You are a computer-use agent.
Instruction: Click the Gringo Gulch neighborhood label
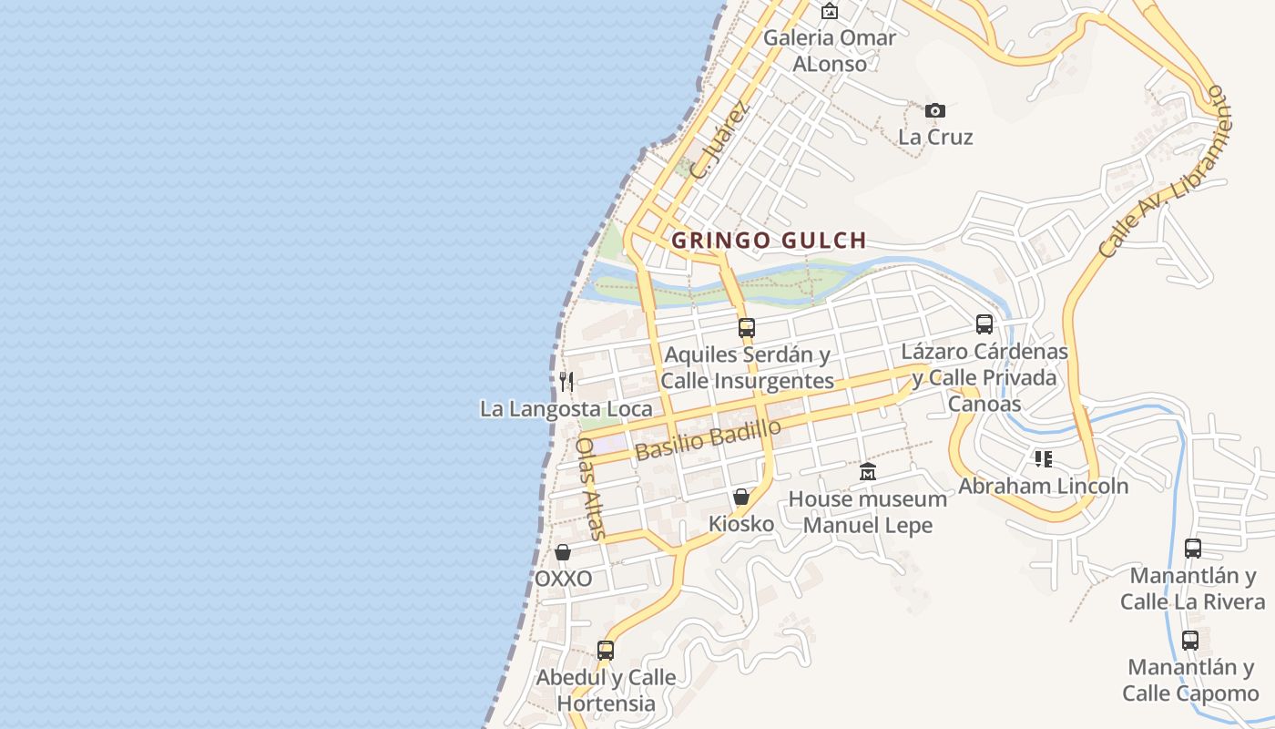(769, 241)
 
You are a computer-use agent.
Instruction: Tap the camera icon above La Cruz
(934, 111)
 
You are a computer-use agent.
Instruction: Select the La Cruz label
(935, 138)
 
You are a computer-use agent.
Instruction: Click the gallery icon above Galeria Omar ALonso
(829, 12)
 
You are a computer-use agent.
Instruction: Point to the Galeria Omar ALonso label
(829, 51)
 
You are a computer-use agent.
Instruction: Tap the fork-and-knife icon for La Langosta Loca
(566, 381)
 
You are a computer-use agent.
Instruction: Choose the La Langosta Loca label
(566, 409)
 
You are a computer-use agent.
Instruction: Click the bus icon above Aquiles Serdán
(747, 327)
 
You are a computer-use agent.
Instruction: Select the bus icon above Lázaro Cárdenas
(984, 323)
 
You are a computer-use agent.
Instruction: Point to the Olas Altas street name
(589, 488)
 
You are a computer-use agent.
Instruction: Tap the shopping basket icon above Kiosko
(741, 497)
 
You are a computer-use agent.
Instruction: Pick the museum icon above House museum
(867, 472)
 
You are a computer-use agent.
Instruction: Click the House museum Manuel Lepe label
(867, 512)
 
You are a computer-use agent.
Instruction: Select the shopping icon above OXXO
(563, 552)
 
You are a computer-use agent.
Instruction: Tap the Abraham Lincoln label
(1043, 486)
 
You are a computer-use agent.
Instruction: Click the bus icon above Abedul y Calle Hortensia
(606, 651)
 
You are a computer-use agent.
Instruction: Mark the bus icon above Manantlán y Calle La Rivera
(1192, 549)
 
